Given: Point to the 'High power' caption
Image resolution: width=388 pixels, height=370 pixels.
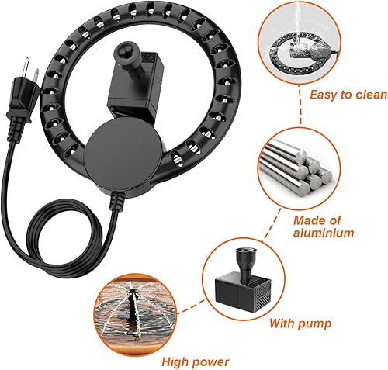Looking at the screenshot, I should point(195,361).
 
